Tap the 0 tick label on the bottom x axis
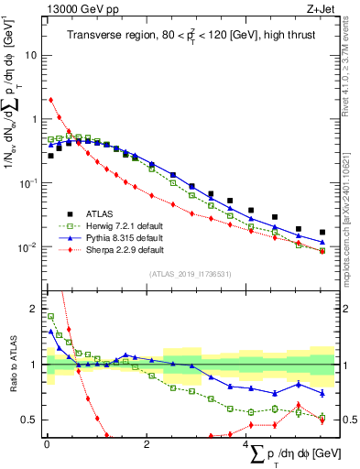47,444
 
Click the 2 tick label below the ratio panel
147,444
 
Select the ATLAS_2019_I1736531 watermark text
190,274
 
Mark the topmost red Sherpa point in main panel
50,100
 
